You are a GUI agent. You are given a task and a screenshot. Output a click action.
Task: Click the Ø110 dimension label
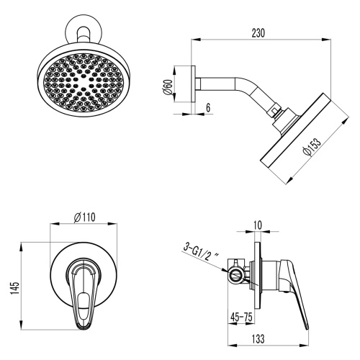(85, 215)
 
